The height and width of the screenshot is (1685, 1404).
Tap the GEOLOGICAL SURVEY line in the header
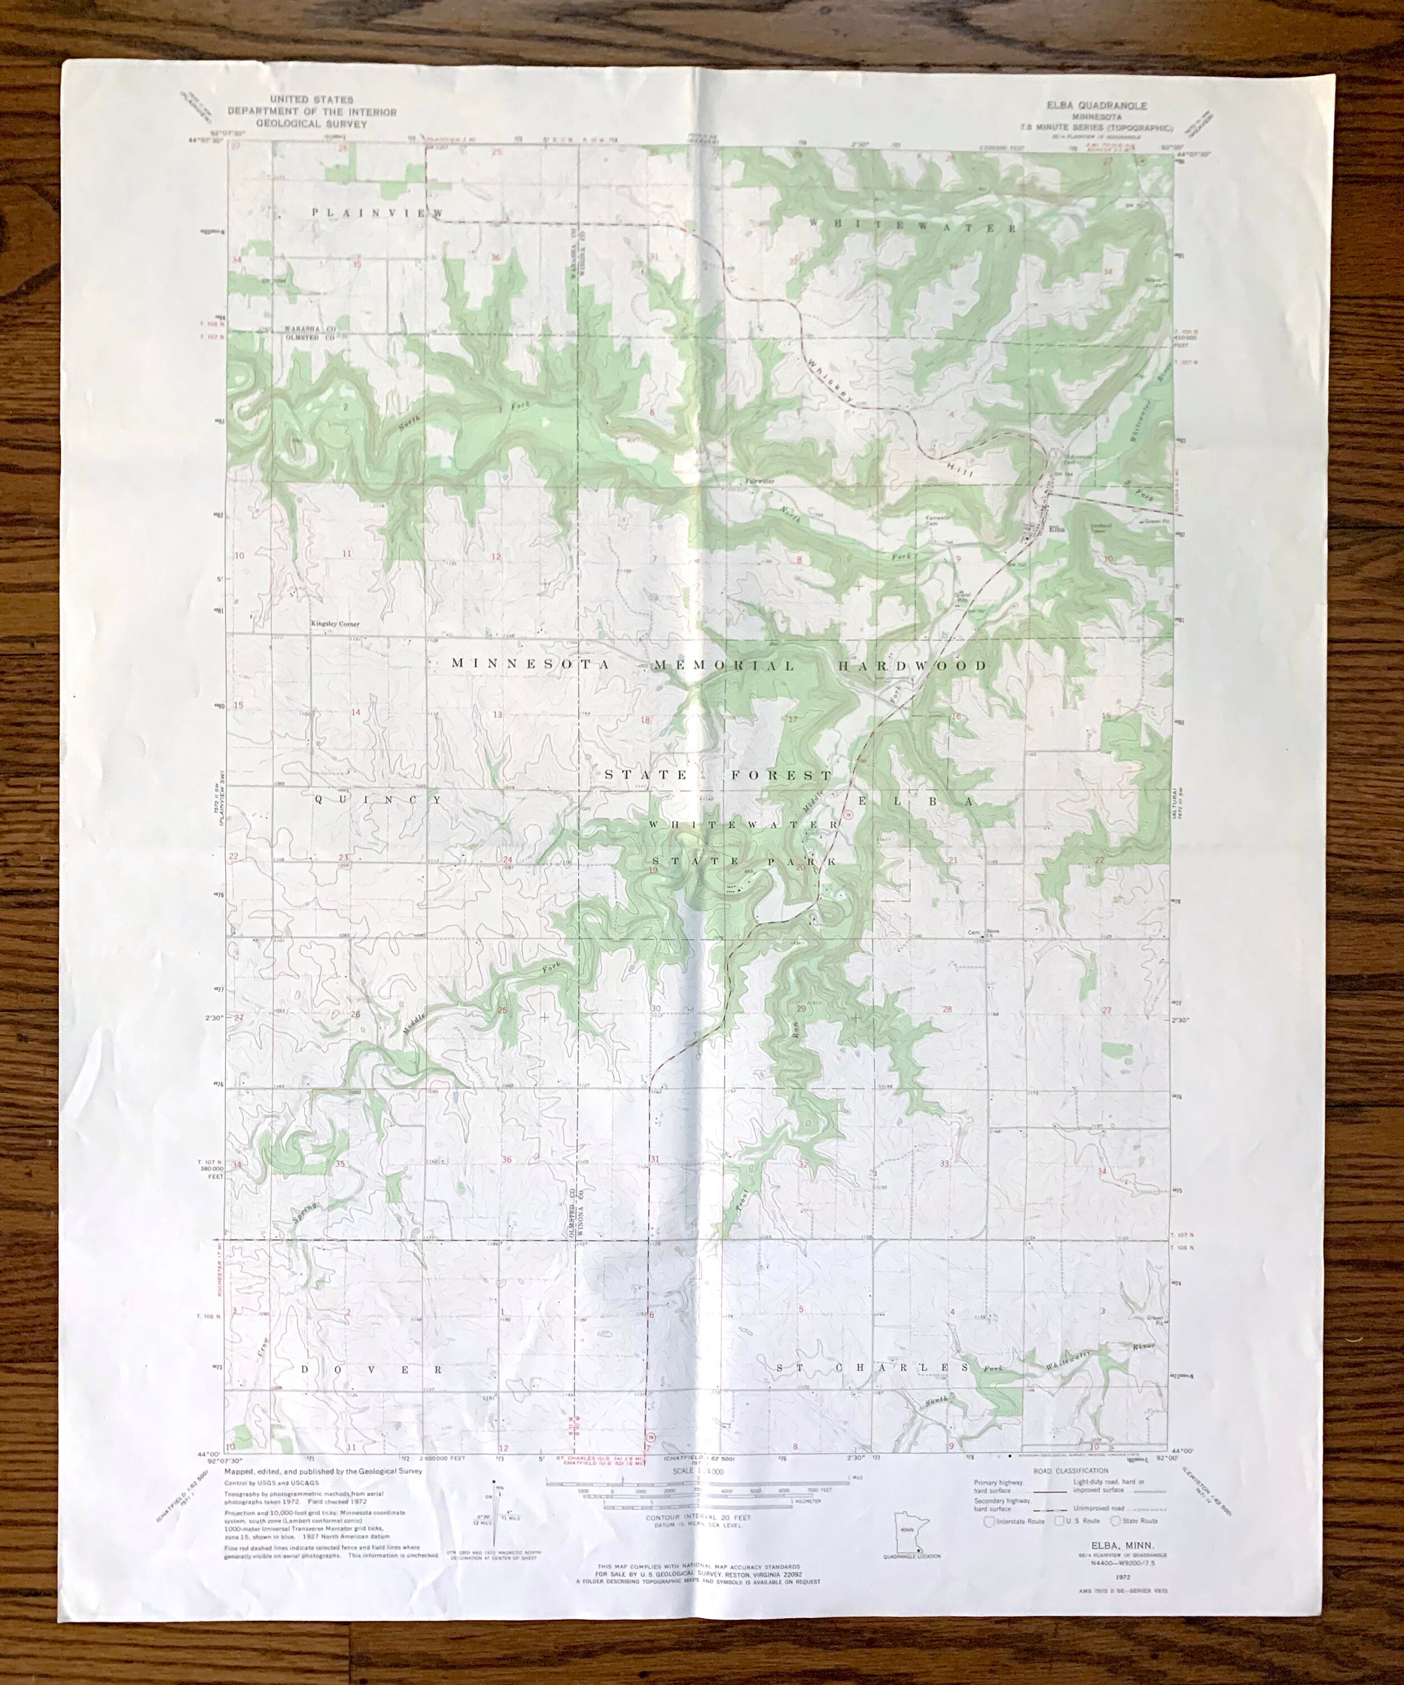point(311,124)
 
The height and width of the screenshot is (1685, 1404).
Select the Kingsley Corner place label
point(335,623)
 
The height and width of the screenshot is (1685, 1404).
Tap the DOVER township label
point(371,1369)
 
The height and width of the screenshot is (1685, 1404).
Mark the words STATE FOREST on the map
point(718,775)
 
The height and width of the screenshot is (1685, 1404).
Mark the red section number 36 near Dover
point(506,1159)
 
